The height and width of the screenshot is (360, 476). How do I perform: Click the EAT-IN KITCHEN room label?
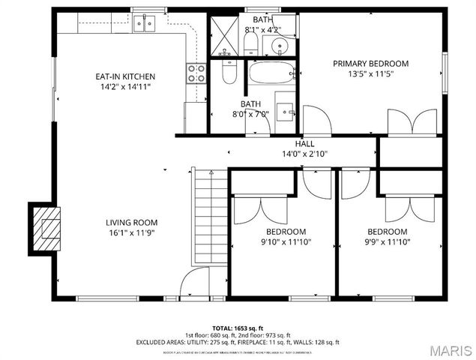coord(124,76)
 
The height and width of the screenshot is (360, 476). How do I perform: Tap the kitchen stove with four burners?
coord(196,73)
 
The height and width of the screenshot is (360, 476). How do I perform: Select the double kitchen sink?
coord(145,24)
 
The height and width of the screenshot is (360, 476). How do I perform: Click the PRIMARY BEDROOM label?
coord(370,64)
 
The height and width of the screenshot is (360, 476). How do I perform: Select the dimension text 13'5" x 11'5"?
coord(370,74)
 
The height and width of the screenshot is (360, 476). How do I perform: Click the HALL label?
coord(304,143)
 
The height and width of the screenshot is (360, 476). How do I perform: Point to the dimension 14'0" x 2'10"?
coord(304,154)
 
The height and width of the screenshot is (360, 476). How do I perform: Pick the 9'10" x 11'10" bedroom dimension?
coord(285,242)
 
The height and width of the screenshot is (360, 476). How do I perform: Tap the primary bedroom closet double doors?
coord(412,121)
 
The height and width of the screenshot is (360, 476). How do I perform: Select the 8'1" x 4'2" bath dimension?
coord(263,30)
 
